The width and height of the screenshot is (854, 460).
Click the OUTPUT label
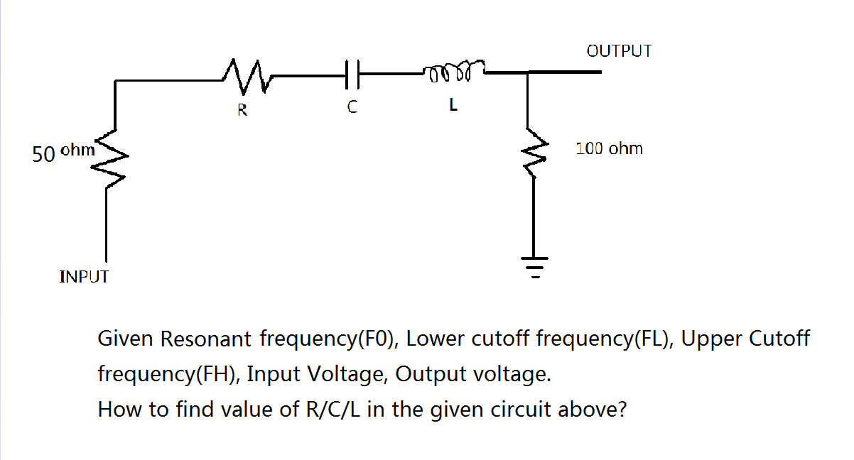[x=619, y=51]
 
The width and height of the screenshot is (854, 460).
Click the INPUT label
[x=84, y=276]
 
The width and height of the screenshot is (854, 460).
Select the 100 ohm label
[x=609, y=148]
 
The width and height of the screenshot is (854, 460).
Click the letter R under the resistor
[x=242, y=110]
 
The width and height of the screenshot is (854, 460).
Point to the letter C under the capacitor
[x=351, y=109]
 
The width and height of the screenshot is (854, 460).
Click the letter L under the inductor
[x=453, y=108]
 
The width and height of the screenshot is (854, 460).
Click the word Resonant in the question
[x=207, y=339]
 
